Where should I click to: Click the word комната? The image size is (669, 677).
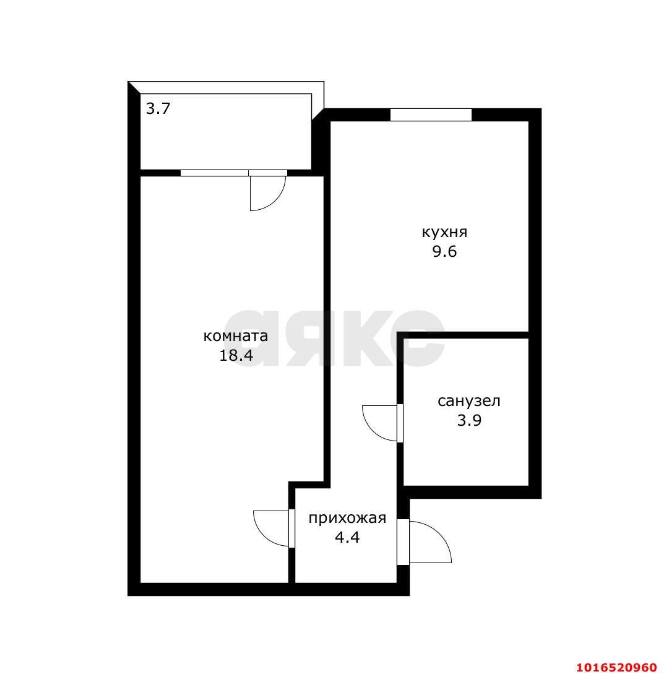[235, 336]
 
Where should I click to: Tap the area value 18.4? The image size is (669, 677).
[235, 356]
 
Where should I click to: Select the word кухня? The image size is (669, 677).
[444, 233]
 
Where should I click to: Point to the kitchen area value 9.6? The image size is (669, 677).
[444, 252]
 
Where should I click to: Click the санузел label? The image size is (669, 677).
[469, 401]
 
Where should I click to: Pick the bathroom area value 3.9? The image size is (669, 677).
[469, 421]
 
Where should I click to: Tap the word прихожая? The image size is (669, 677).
[347, 518]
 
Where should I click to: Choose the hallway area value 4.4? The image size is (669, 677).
[347, 537]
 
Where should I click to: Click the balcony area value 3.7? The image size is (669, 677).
[158, 110]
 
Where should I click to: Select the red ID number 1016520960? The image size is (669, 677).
[616, 668]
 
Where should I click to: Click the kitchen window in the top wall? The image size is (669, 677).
[431, 114]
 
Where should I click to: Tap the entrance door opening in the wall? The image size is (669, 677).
[403, 542]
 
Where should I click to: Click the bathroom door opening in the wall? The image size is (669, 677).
[400, 423]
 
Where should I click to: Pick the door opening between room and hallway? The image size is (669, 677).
[291, 528]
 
